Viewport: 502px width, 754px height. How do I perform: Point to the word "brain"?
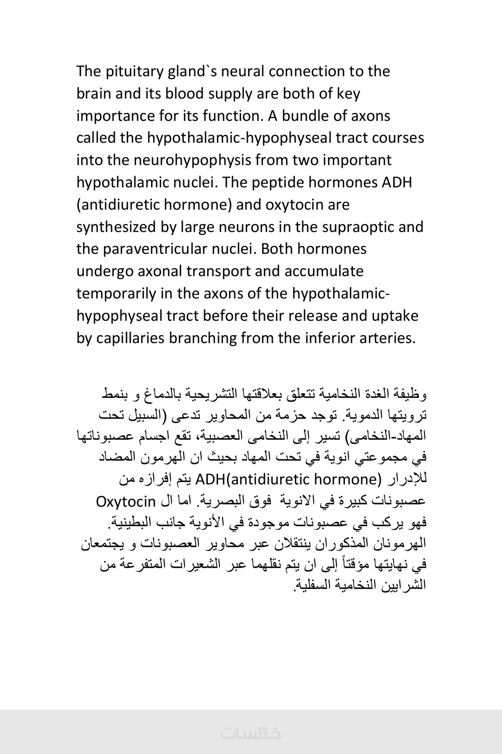tap(94, 93)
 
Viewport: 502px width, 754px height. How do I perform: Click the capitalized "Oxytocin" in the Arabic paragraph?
tap(125, 502)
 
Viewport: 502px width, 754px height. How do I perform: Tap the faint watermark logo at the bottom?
tap(251, 733)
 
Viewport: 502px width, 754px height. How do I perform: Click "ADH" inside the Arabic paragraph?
tap(210, 479)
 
